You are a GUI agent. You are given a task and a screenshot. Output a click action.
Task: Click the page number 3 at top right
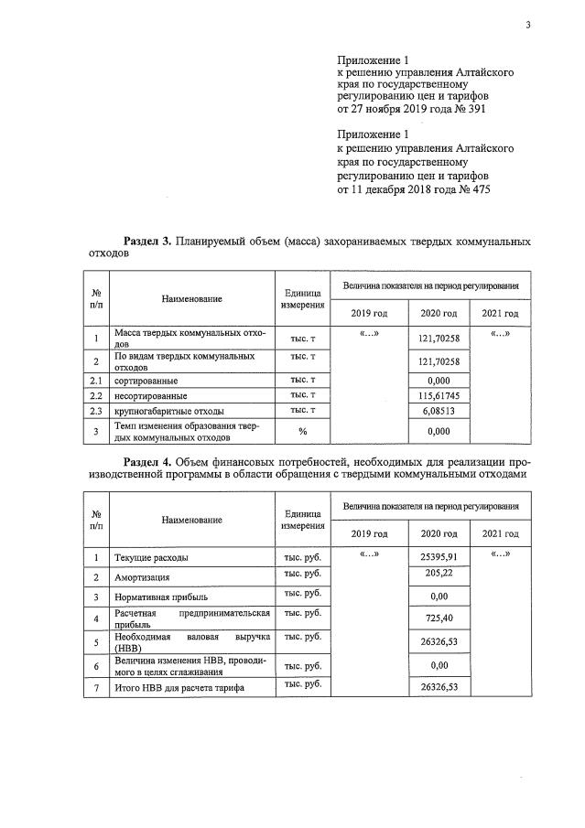click(527, 25)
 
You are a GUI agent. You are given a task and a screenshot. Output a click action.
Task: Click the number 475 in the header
click(481, 190)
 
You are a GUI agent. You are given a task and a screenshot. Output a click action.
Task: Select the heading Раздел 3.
click(147, 242)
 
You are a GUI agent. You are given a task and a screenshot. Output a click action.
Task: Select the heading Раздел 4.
click(147, 461)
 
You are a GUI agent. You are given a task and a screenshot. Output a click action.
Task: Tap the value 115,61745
click(438, 396)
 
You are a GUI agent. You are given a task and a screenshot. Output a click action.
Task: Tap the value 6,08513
click(438, 412)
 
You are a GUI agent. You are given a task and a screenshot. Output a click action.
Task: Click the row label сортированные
click(146, 380)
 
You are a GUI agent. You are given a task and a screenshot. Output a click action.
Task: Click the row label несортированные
click(151, 396)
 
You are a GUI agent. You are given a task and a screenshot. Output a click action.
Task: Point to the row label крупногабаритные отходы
click(168, 412)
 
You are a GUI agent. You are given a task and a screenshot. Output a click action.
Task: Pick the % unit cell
click(302, 431)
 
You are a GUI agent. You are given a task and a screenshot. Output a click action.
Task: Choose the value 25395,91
click(438, 556)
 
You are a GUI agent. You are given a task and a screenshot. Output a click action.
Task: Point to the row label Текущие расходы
click(152, 557)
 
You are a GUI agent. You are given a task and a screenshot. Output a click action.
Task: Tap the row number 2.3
click(96, 412)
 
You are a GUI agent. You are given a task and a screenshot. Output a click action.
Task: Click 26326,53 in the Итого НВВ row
click(438, 687)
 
